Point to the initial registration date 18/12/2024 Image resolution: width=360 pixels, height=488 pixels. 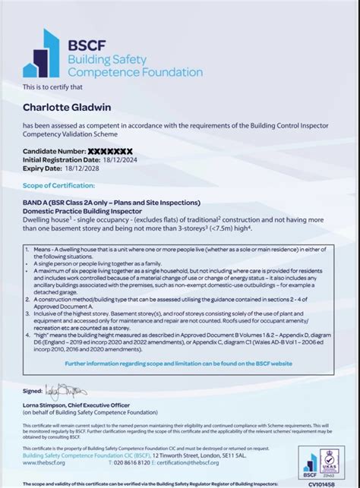(119, 160)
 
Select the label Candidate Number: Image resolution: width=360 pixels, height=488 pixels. (53, 152)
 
